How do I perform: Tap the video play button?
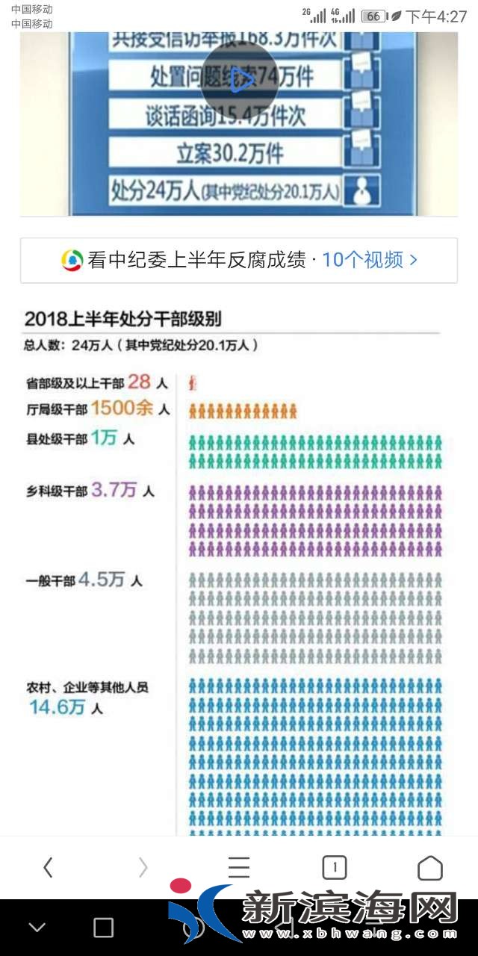click(x=240, y=78)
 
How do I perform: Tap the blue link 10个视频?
click(x=370, y=260)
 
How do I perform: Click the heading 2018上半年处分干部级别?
click(x=123, y=319)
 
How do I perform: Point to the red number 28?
click(x=139, y=382)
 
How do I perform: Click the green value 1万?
click(x=105, y=438)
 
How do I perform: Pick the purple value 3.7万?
click(x=114, y=490)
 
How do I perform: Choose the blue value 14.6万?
click(x=57, y=707)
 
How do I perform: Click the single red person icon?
click(x=193, y=384)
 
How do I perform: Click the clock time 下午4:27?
click(x=436, y=16)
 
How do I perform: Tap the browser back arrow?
click(x=48, y=867)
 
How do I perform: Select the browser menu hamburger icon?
click(x=239, y=867)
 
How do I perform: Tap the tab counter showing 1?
click(x=335, y=867)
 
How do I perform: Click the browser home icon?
click(x=430, y=867)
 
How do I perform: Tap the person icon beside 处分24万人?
click(x=362, y=190)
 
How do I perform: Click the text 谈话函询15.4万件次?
click(x=226, y=115)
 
